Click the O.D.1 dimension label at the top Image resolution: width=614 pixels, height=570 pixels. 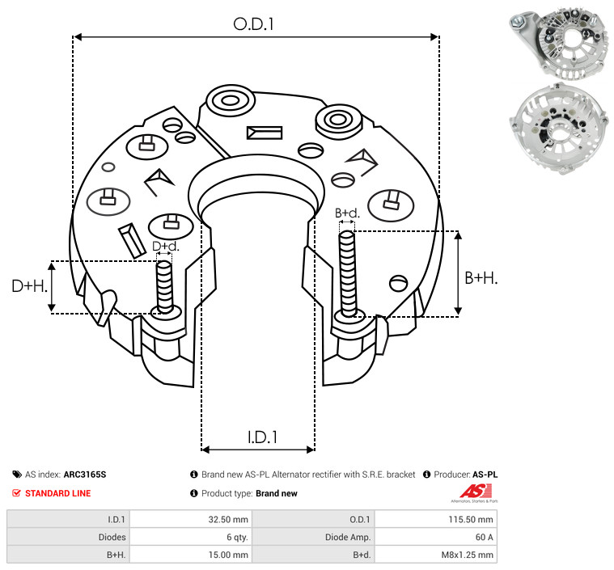click(x=253, y=24)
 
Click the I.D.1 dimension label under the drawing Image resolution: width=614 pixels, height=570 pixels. click(x=262, y=437)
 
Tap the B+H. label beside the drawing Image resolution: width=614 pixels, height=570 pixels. click(x=481, y=278)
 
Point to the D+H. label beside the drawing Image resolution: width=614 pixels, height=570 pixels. click(x=30, y=285)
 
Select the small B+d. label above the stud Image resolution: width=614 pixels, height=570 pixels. click(x=347, y=213)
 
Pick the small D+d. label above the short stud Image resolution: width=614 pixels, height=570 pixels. click(x=165, y=247)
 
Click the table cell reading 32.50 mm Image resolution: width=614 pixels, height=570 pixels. click(x=228, y=520)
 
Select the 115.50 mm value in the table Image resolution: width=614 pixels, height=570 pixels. click(x=471, y=520)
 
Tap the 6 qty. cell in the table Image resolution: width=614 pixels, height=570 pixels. click(x=237, y=537)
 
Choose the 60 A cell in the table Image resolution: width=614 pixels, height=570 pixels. click(x=484, y=537)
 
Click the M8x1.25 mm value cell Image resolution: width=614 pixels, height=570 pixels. click(x=467, y=555)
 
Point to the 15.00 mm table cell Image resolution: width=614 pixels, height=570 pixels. click(x=228, y=555)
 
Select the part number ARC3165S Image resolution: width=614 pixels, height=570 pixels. click(x=85, y=475)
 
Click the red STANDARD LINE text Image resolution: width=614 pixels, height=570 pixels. click(x=58, y=493)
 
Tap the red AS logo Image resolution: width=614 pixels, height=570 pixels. click(x=475, y=492)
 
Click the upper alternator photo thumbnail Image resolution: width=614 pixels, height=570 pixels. click(x=560, y=44)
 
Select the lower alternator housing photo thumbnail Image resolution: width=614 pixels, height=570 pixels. click(x=560, y=129)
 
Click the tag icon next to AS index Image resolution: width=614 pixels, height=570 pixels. click(x=17, y=475)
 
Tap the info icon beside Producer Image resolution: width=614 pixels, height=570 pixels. click(x=427, y=475)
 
